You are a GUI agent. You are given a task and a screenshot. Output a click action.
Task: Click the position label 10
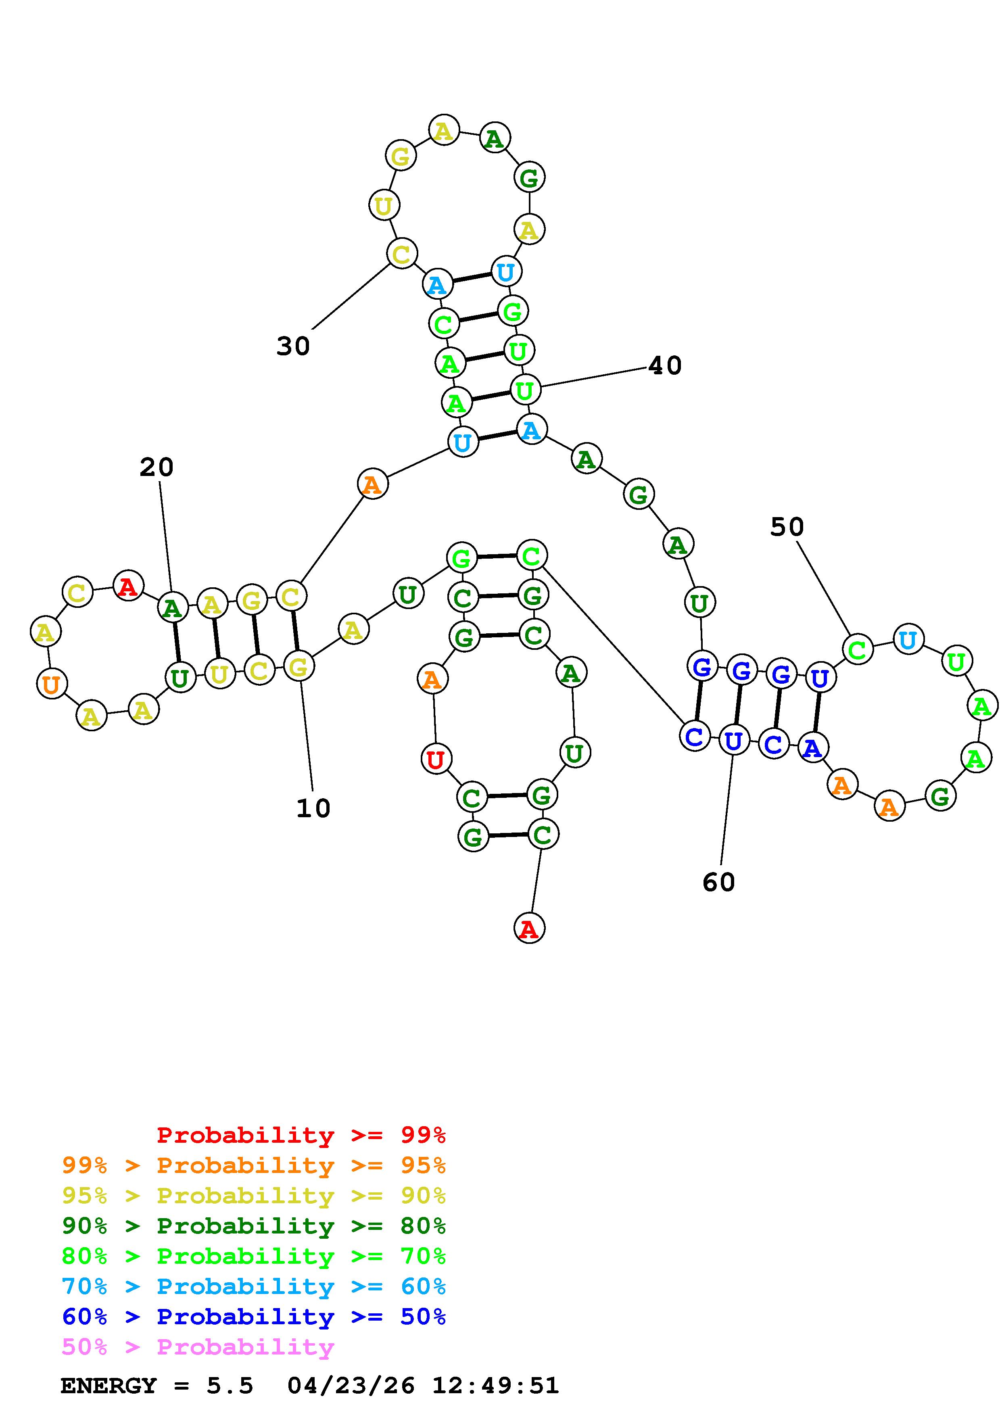coord(313,808)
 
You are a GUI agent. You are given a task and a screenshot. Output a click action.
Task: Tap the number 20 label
coord(157,467)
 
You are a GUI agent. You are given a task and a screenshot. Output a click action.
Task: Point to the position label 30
coord(293,346)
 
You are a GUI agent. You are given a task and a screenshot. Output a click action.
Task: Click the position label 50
coord(787,527)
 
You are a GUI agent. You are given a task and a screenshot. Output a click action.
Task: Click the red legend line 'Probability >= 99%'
coord(301,1135)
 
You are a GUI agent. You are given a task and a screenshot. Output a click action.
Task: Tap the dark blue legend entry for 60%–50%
coord(254,1317)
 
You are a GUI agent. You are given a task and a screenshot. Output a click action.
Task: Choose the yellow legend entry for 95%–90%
coord(254,1196)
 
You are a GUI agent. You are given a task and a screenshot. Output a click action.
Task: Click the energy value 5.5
coord(230,1386)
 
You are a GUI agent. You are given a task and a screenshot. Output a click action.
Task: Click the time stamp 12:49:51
coord(495,1386)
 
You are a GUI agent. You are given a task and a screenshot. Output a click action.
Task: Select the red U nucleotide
coord(436,759)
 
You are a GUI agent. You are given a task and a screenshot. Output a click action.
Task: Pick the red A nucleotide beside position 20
coord(127,586)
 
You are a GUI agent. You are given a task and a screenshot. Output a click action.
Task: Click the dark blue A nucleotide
coord(813,748)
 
